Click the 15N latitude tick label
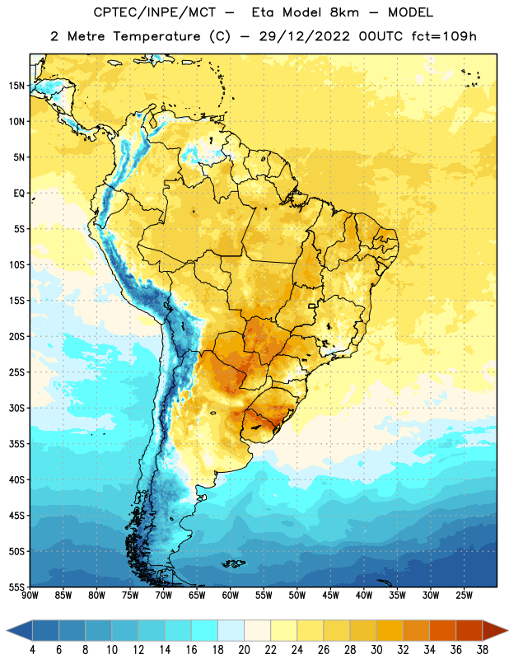click(16, 86)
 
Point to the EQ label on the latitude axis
click(19, 194)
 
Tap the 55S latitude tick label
click(16, 587)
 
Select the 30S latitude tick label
click(16, 408)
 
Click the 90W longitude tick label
click(30, 595)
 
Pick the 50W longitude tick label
click(297, 595)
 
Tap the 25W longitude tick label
click(464, 595)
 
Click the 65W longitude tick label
click(197, 595)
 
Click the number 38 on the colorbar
click(483, 650)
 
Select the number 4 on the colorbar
click(32, 650)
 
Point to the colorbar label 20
click(244, 650)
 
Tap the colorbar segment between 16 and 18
click(205, 630)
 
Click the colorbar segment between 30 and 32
click(390, 630)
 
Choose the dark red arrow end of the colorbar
click(494, 630)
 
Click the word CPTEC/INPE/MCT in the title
click(154, 12)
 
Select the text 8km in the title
click(344, 12)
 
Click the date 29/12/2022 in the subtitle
click(304, 36)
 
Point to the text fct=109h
click(444, 36)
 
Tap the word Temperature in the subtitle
click(156, 36)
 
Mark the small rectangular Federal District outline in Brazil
click(312, 306)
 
